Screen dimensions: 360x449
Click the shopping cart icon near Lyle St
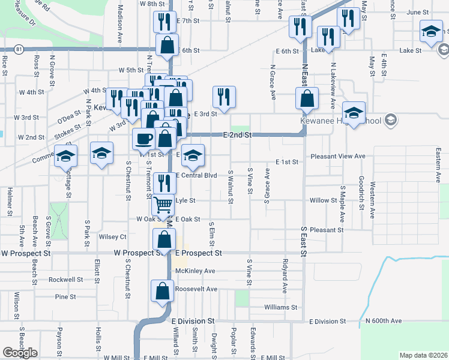tap(163, 205)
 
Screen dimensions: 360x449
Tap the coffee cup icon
tap(143, 139)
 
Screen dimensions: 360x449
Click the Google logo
tap(20, 352)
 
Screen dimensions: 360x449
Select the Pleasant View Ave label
tap(338, 157)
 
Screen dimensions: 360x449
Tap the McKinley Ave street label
tap(195, 271)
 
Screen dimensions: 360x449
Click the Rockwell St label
tap(66, 280)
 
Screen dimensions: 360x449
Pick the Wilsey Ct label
tap(112, 237)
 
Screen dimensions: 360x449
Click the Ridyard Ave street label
tap(285, 276)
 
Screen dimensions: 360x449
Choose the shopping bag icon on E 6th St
tap(167, 44)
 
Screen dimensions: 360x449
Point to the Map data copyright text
tap(423, 355)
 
